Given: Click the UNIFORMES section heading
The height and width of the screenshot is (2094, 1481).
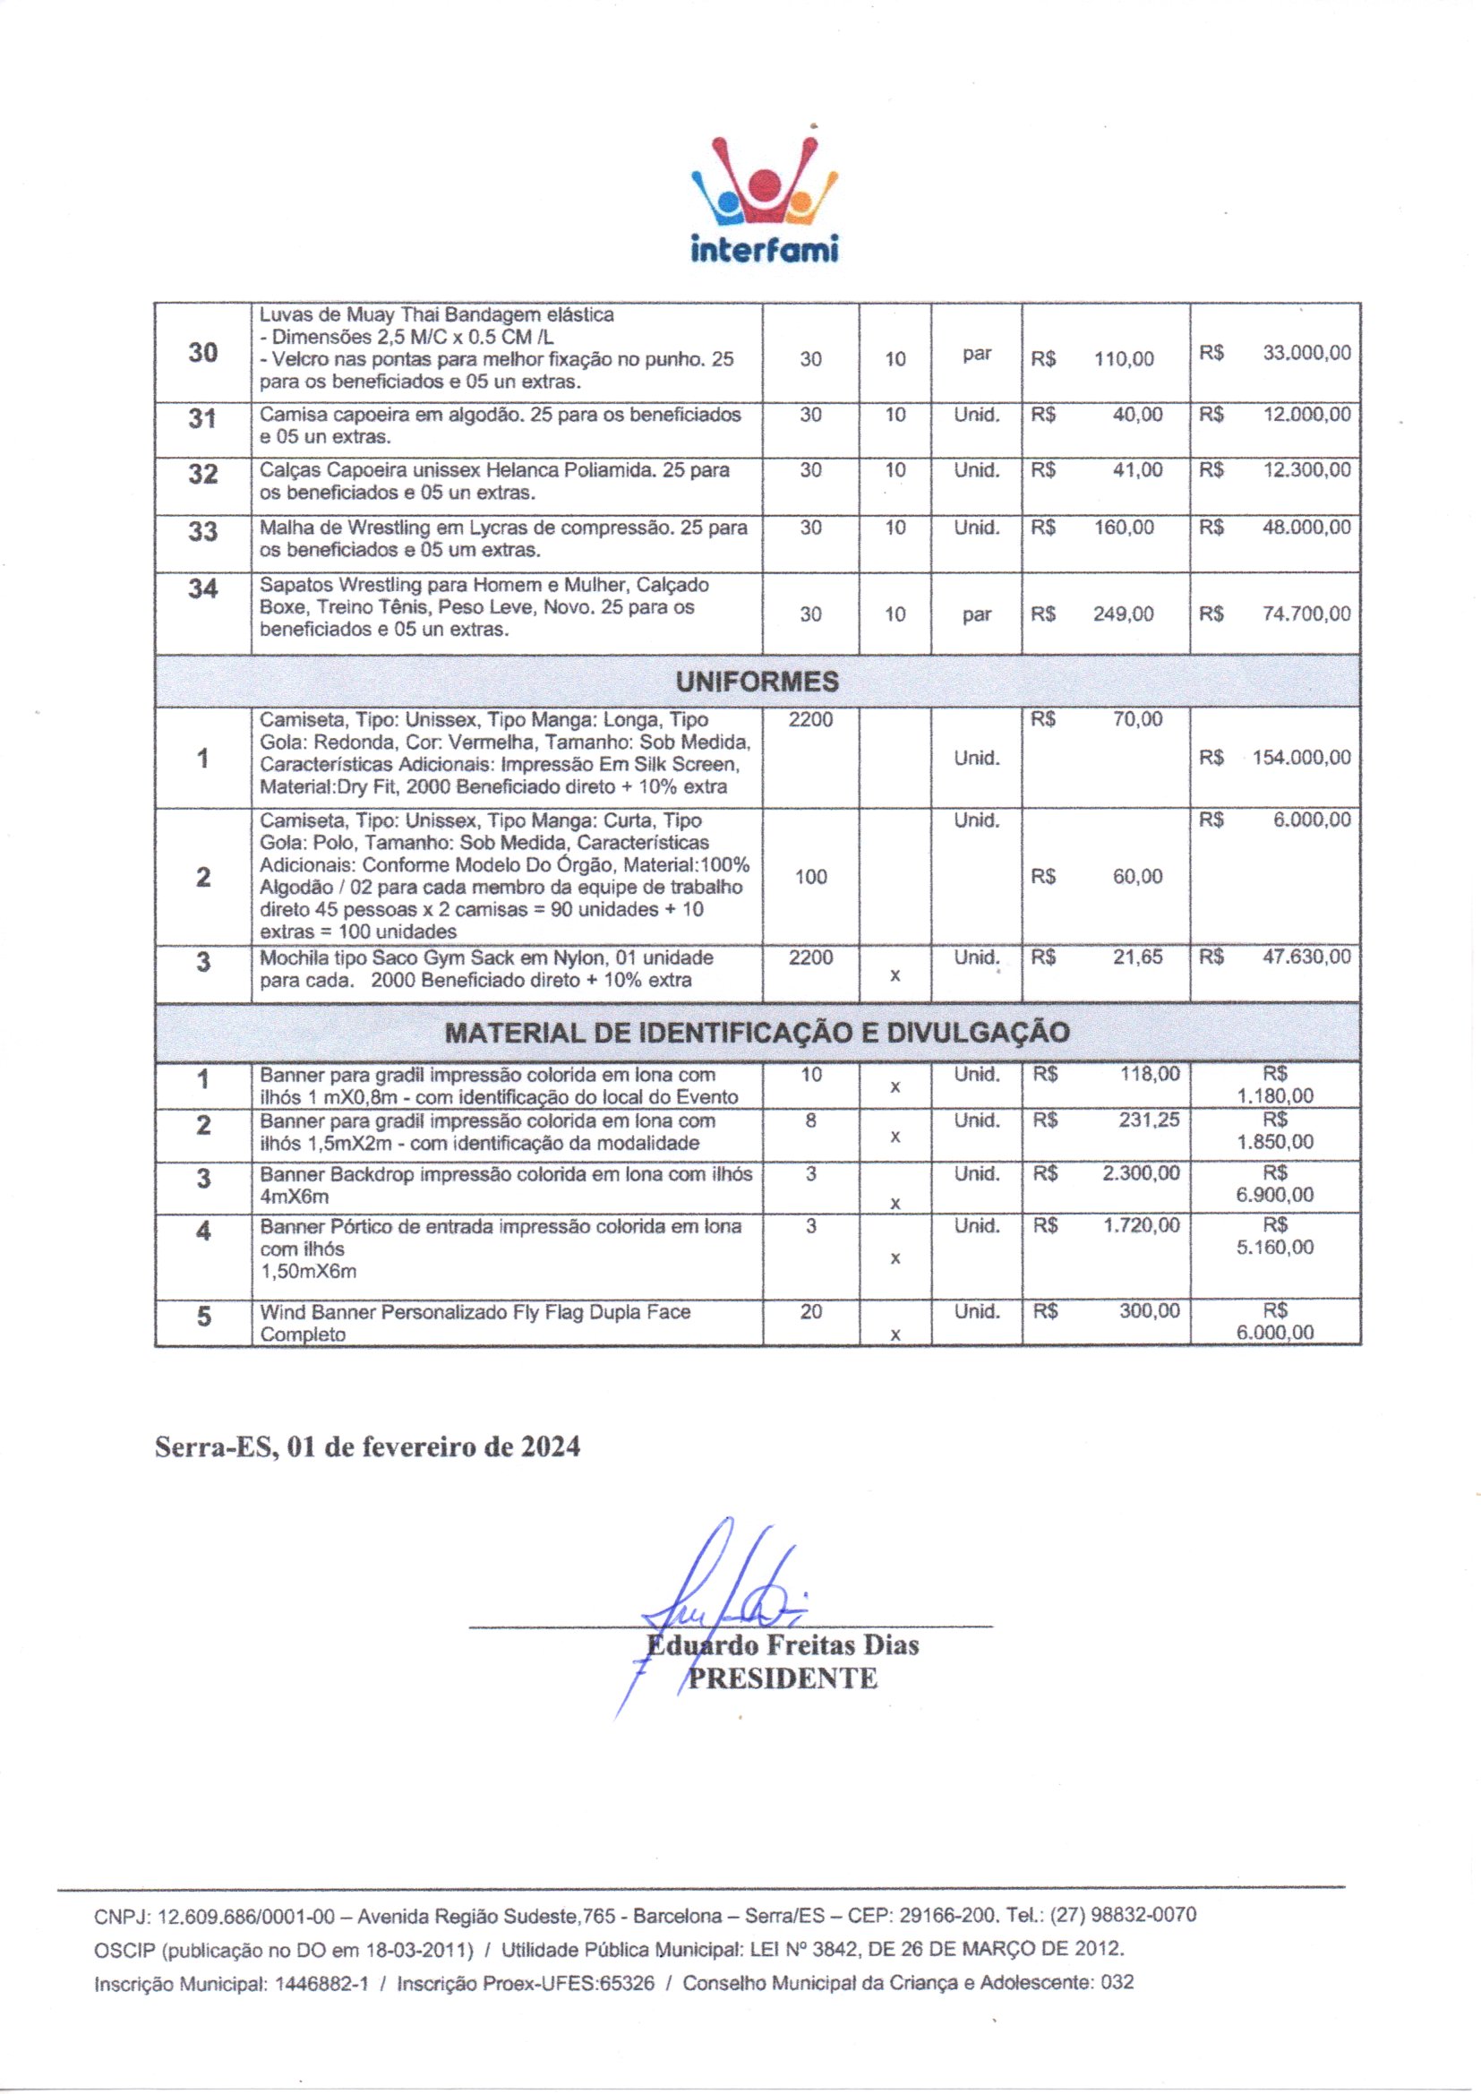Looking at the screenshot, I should coord(757,682).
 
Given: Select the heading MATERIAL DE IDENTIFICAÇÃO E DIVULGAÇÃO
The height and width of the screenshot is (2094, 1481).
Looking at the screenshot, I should coord(757,1033).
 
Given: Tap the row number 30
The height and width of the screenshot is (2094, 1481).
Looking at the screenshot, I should coord(202,353).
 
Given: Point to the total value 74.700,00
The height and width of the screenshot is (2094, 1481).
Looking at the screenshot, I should coord(1306,614).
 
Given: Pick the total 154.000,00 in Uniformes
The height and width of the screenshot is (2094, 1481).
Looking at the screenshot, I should coord(1301,758).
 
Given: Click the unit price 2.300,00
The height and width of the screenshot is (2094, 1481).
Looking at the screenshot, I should coord(1140,1174).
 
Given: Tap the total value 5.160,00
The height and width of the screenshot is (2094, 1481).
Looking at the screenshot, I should coord(1275,1248).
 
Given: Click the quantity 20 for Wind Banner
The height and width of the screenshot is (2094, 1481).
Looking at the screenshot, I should coord(810,1311).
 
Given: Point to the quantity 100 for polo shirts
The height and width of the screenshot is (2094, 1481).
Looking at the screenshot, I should coord(810,878).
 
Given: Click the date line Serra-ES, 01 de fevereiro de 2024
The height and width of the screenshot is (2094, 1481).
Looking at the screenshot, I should coord(367,1446).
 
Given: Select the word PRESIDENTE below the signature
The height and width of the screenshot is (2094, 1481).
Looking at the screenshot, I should coord(782,1678).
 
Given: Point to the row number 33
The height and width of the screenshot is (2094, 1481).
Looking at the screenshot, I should coord(202,531).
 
